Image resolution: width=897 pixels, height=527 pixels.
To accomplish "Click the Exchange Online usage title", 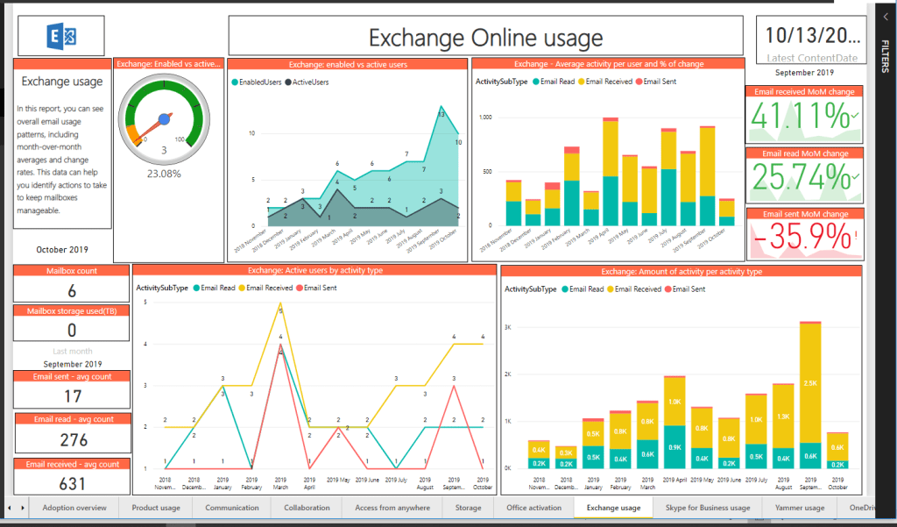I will coord(485,38).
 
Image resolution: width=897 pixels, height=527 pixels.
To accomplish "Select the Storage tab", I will coord(468,508).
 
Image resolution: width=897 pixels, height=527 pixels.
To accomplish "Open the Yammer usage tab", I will coord(800,508).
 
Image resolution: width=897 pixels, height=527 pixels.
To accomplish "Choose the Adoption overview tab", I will coord(74,508).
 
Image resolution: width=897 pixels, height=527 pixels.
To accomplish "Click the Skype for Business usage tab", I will coord(708,508).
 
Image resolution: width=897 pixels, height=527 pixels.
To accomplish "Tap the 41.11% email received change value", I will coord(798,117).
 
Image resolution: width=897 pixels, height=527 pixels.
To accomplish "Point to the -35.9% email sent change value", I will coord(798,237).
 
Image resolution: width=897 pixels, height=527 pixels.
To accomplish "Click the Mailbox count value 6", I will coord(72,291).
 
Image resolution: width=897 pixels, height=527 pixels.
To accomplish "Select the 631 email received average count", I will coord(72,482).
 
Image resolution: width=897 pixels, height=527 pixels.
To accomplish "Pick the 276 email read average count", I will coord(72,439).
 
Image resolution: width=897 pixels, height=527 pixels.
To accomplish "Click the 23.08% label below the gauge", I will coord(164,174).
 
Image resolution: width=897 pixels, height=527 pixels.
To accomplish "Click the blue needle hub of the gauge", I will coord(163,119).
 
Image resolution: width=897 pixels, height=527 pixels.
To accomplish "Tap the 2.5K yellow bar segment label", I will coord(810,383).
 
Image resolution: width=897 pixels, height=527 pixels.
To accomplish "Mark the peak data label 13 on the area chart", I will coord(441,114).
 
